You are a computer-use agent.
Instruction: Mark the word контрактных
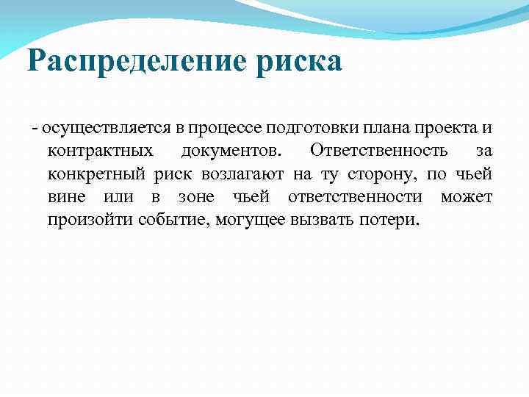coord(101,151)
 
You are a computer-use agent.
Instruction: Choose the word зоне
coord(197,197)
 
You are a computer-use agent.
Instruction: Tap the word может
coord(467,197)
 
